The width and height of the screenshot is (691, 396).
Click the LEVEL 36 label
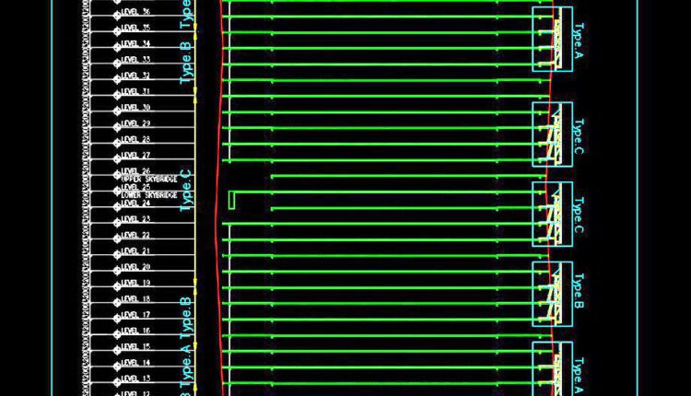pyautogui.click(x=135, y=12)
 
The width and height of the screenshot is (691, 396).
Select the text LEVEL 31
pyautogui.click(x=135, y=92)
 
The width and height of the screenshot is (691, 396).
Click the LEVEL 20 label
pyautogui.click(x=135, y=267)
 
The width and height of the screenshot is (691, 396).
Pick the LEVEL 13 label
pyautogui.click(x=135, y=379)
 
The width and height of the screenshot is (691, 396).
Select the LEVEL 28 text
pyautogui.click(x=135, y=139)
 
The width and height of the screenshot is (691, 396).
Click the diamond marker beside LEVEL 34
pyautogui.click(x=117, y=44)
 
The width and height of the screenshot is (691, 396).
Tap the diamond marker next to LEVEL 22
pyautogui.click(x=117, y=236)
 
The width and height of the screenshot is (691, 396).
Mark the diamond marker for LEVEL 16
pyautogui.click(x=117, y=332)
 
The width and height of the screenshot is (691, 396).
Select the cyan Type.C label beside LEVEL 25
pyautogui.click(x=186, y=189)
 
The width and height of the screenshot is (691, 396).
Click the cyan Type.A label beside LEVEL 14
pyautogui.click(x=186, y=362)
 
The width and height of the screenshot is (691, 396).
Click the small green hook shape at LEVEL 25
pyautogui.click(x=231, y=198)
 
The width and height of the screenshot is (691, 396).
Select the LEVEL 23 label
pyautogui.click(x=135, y=219)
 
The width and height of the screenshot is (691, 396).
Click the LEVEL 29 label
pyautogui.click(x=135, y=123)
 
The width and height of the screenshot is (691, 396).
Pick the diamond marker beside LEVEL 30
pyautogui.click(x=117, y=109)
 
